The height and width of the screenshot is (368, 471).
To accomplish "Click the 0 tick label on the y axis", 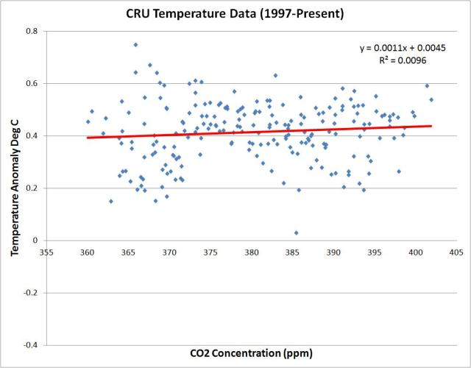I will pos(36,241).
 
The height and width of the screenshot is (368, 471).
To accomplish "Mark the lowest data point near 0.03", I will pos(296,233).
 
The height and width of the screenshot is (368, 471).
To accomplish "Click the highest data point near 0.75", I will pos(135,45).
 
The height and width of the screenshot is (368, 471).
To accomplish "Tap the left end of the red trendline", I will pos(88,138).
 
